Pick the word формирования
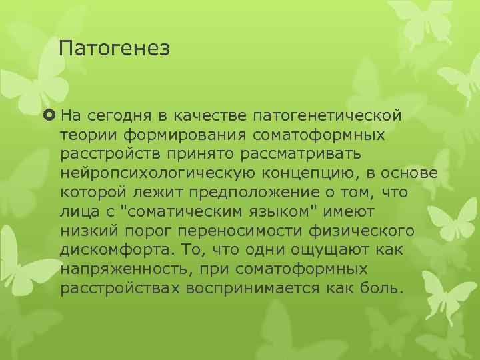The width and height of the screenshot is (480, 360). point(178,135)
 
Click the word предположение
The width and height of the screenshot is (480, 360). point(253,193)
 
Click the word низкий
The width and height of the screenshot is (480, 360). point(84,231)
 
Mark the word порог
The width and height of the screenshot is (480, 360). point(133,231)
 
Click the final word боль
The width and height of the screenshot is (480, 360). point(384,288)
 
